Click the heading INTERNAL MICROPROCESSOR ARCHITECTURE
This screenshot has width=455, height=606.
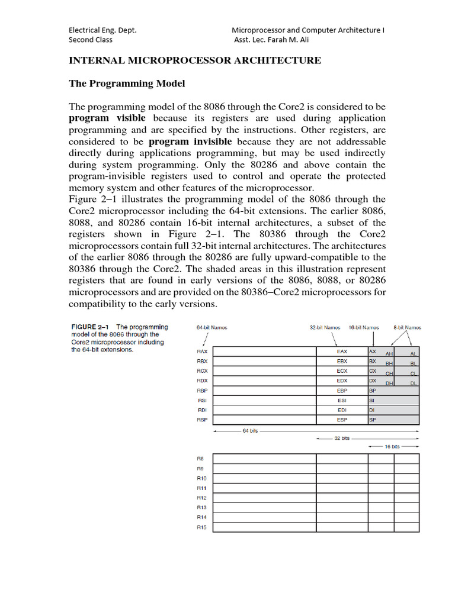point(195,60)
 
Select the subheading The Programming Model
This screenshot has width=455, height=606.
point(127,83)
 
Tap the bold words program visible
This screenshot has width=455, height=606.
point(107,118)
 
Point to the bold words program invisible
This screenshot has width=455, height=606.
point(190,141)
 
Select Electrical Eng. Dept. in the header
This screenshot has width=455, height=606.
point(103,30)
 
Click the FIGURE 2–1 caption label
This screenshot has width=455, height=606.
point(92,327)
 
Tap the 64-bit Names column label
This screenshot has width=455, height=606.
point(212,327)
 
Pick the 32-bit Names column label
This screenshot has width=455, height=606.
point(325,327)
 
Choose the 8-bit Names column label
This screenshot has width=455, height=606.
point(407,327)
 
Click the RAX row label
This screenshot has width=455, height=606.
point(202,352)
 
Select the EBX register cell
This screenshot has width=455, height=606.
point(342,361)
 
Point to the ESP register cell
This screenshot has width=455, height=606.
point(342,420)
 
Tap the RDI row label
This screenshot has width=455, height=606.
point(202,410)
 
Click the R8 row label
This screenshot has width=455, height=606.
point(200,459)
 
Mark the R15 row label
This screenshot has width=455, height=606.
point(201,527)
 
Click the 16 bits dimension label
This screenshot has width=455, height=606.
point(392,446)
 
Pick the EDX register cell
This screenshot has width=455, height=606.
point(342,381)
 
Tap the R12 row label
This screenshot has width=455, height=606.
point(201,498)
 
